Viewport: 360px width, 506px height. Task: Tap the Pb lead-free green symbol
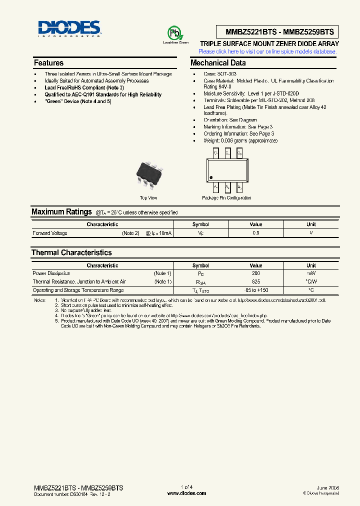(x=175, y=34)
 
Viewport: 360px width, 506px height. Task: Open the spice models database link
(x=268, y=51)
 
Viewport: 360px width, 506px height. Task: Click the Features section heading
(x=48, y=63)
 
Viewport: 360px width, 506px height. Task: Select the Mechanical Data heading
(x=218, y=63)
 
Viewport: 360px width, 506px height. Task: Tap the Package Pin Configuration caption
(x=226, y=198)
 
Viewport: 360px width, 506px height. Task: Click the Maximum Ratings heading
(x=61, y=212)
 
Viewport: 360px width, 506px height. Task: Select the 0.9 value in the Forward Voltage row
(x=255, y=233)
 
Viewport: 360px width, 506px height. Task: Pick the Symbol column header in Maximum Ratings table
(x=200, y=224)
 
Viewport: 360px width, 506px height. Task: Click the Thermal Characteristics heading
(x=71, y=252)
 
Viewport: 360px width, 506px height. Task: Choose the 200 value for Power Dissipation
(x=255, y=273)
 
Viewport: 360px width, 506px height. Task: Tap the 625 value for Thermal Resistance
(x=255, y=282)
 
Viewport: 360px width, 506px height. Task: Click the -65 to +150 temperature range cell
(x=255, y=290)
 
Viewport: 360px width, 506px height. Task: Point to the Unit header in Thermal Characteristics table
(x=311, y=265)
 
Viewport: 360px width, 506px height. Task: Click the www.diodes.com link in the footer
(x=186, y=493)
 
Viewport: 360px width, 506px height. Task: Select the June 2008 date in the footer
(x=328, y=487)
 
